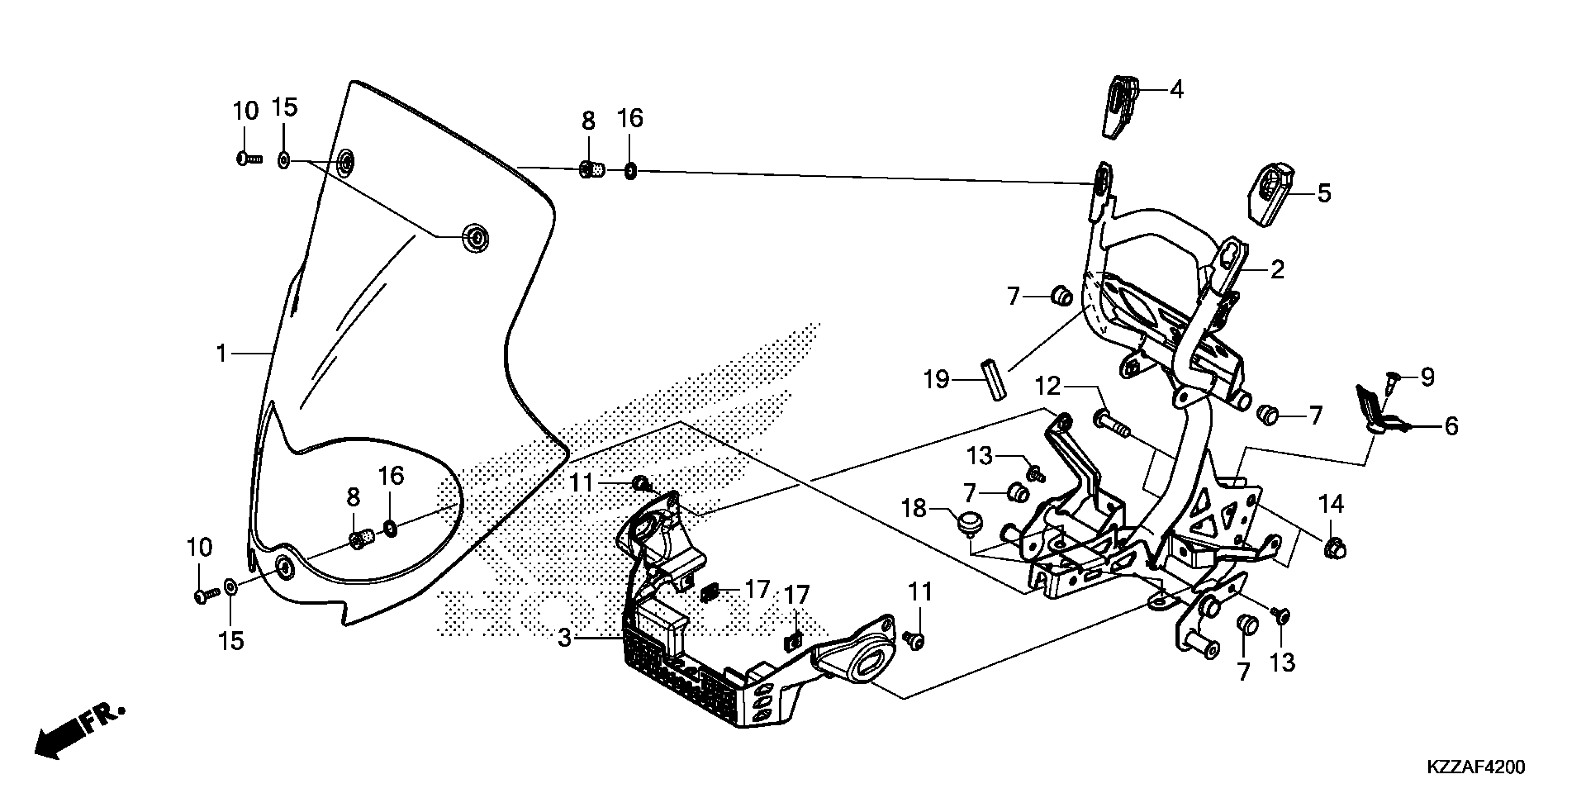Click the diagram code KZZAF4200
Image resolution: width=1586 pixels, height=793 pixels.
point(1475,767)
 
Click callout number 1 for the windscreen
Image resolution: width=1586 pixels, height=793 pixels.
point(222,354)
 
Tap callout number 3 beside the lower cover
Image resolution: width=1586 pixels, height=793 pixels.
point(564,638)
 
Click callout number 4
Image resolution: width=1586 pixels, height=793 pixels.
point(1176,90)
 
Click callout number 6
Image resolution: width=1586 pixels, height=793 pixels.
point(1451,426)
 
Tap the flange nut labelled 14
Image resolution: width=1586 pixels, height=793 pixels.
point(1334,547)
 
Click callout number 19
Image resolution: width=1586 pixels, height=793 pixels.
point(937,379)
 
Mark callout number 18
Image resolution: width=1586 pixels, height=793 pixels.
point(914,508)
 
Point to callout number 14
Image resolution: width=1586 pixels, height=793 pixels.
point(1331,504)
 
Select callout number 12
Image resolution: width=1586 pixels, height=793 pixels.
point(1047,387)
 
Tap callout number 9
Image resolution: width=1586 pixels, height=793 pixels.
point(1426,377)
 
